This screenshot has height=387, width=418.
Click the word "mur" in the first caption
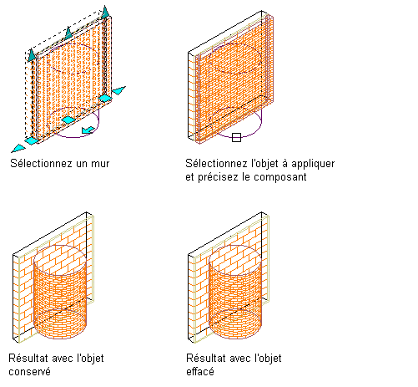point(100,164)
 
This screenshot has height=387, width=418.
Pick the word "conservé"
point(30,372)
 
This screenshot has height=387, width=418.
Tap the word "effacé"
point(200,371)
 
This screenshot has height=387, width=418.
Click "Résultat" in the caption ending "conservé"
point(24,359)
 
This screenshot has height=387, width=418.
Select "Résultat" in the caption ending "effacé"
point(202,359)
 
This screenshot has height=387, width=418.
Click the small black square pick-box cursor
point(236,137)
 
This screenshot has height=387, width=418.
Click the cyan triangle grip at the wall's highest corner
point(105,13)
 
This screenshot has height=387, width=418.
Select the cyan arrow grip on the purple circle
point(88,130)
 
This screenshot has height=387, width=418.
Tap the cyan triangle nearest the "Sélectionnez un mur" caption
point(18,148)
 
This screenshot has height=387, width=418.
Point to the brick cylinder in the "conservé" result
point(60,292)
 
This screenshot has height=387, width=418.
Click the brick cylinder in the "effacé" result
point(235,292)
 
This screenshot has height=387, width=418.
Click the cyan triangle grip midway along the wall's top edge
point(68,33)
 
